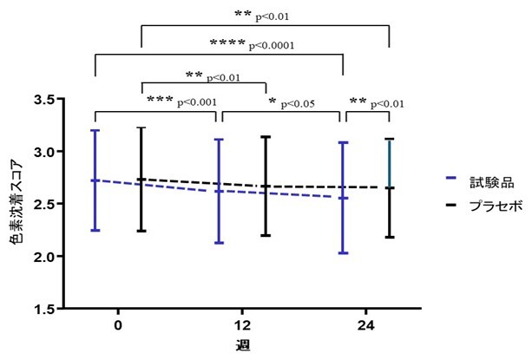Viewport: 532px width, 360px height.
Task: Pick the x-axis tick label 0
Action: [x=117, y=325]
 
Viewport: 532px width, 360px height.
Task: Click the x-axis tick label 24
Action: [x=366, y=325]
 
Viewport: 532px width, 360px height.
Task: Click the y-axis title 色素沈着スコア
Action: [x=15, y=204]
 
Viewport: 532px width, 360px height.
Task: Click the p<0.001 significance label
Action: [x=198, y=102]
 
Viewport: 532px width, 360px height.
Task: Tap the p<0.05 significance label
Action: [x=298, y=104]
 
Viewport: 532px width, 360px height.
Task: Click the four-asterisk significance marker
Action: [x=227, y=43]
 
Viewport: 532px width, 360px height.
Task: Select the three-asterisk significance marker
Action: [x=160, y=101]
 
